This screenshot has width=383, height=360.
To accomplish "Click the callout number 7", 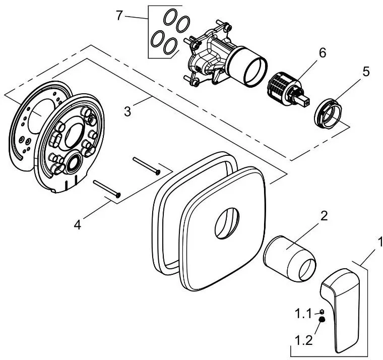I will click(x=119, y=15).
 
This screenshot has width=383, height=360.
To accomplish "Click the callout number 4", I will click(x=78, y=223).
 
